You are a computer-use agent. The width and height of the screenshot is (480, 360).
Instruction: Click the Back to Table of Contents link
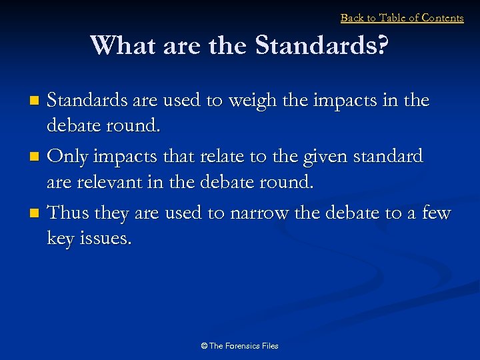click(x=402, y=18)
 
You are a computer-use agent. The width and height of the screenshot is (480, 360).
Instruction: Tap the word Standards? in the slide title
click(x=321, y=46)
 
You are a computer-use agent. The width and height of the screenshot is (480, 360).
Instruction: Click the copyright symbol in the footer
click(x=204, y=346)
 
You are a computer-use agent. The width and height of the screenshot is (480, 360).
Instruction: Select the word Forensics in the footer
click(x=242, y=346)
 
